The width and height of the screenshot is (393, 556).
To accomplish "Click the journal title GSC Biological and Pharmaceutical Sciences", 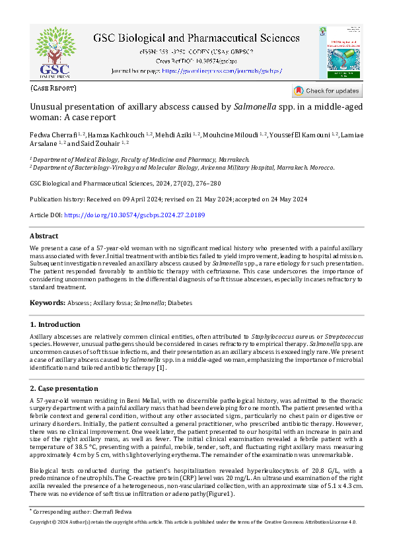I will click(x=196, y=39).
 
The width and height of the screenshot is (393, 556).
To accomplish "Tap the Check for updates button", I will click(x=327, y=91).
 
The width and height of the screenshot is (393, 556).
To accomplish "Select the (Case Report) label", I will click(x=54, y=88).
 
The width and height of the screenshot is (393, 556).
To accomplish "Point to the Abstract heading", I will click(x=44, y=236).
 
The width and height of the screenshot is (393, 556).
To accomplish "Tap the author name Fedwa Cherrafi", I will click(x=54, y=135).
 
